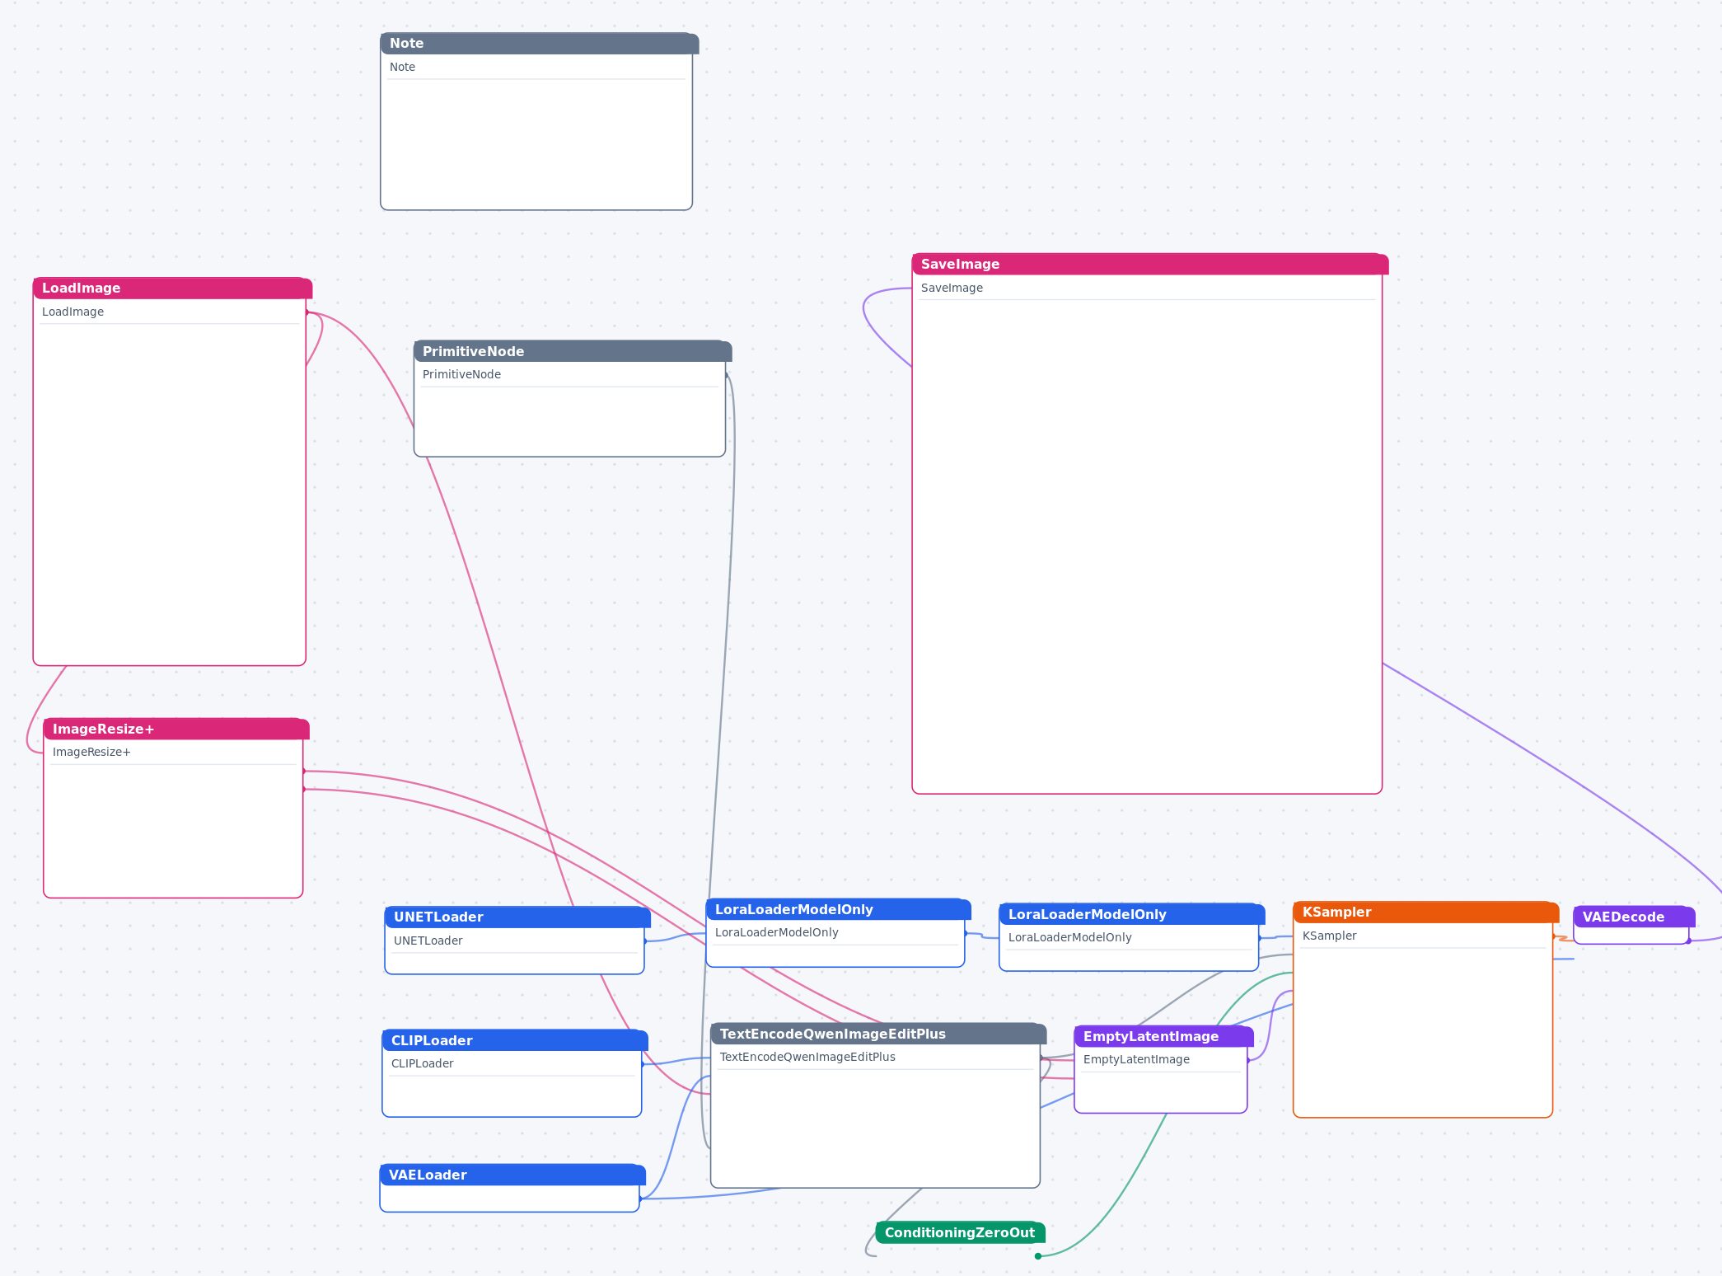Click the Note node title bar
pos(539,44)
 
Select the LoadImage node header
pos(172,289)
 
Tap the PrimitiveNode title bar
pos(573,351)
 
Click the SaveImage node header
pos(1150,264)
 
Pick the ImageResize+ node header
pos(176,729)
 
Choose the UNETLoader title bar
pos(517,917)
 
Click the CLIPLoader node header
pos(515,1040)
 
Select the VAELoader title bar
pos(512,1175)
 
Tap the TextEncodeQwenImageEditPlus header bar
pos(878,1034)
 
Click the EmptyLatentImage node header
pos(1163,1036)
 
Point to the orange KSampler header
pos(1426,912)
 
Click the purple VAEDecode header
pos(1634,917)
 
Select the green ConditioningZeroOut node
pos(960,1232)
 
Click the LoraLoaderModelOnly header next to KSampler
pos(1132,914)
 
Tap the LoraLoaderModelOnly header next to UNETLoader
pos(839,909)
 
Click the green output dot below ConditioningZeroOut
pos(1038,1256)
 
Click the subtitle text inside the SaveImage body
pos(952,288)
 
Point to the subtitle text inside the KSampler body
pos(1329,936)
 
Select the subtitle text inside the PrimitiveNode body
pos(461,374)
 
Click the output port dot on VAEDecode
pos(1688,941)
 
